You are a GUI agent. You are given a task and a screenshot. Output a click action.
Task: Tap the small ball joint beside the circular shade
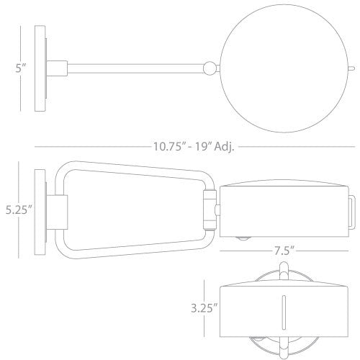tap(209, 68)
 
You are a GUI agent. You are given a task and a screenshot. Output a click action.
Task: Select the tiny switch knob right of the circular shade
tap(349, 70)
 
